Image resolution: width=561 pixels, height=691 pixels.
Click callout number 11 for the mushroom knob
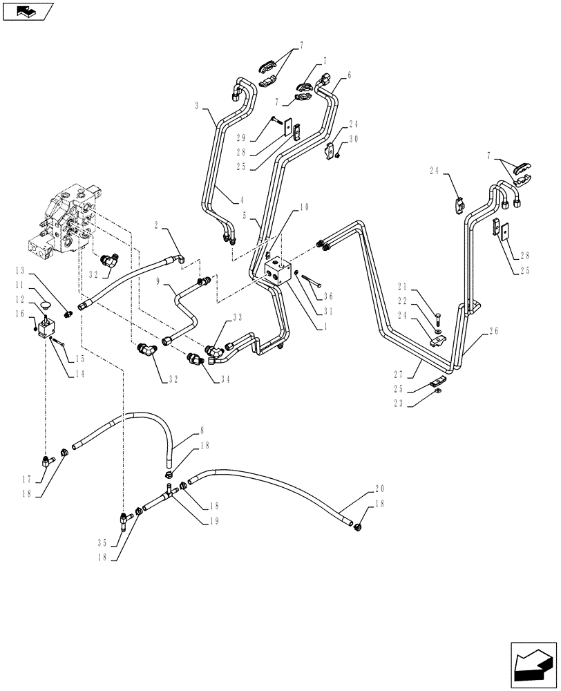click(21, 284)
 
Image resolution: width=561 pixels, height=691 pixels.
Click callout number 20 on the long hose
click(379, 489)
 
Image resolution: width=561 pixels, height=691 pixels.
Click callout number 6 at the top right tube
click(349, 75)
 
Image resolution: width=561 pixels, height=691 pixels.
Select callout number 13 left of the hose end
click(21, 270)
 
